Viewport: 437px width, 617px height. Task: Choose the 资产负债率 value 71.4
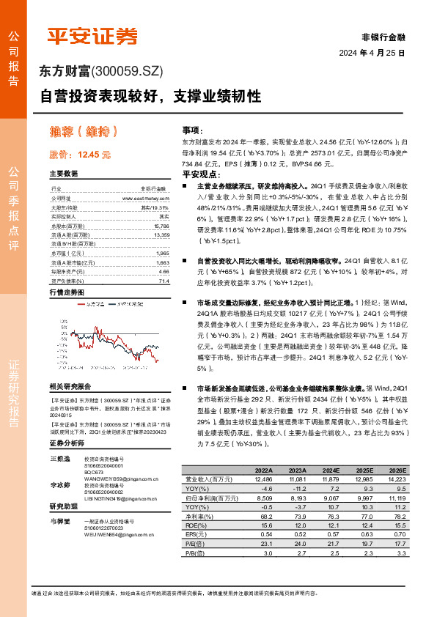click(x=164, y=281)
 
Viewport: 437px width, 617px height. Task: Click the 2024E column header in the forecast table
click(x=331, y=470)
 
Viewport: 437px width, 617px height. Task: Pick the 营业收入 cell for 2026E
click(x=396, y=479)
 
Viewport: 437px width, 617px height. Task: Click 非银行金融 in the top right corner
click(x=383, y=37)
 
